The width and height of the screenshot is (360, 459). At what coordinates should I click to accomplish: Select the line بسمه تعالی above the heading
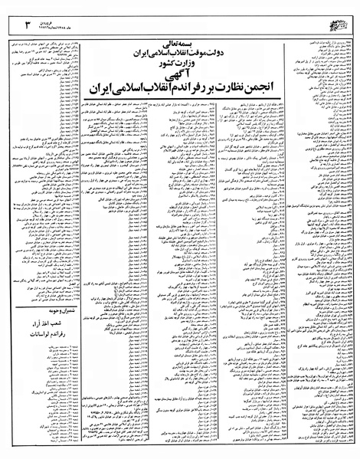point(185,25)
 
